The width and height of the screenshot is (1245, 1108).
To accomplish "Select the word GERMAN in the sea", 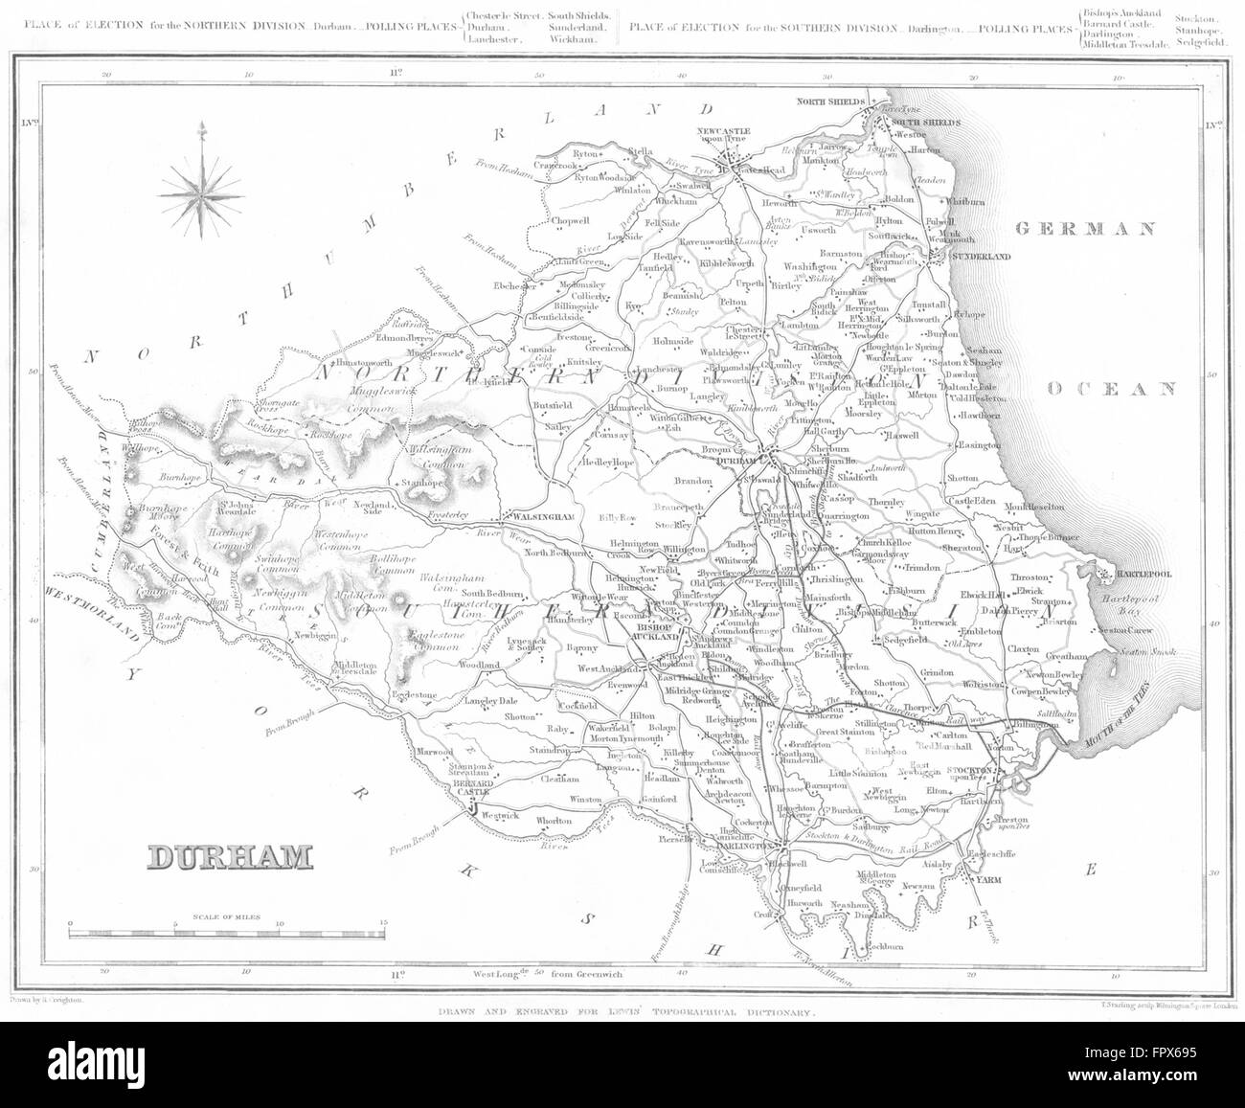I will pos(1086,229).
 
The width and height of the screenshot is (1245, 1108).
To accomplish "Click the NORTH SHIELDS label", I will pos(830,102).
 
